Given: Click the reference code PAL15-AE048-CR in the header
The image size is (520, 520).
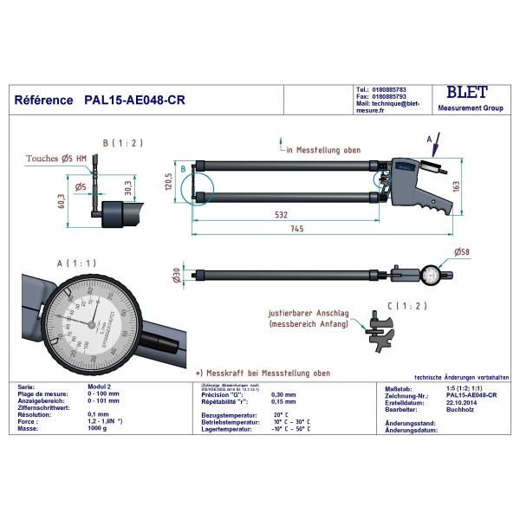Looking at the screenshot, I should click(134, 100).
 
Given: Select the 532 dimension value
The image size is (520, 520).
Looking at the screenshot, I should click(283, 213).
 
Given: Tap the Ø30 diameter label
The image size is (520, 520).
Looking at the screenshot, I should click(177, 275).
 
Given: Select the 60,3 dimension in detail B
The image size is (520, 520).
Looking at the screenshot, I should click(61, 202).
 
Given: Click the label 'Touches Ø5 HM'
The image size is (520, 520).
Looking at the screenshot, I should click(56, 159).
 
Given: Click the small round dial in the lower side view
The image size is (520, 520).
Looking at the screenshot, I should click(432, 276).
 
